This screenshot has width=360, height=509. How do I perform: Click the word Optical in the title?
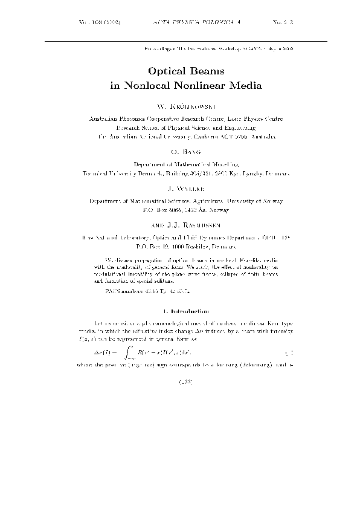tap(166, 71)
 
